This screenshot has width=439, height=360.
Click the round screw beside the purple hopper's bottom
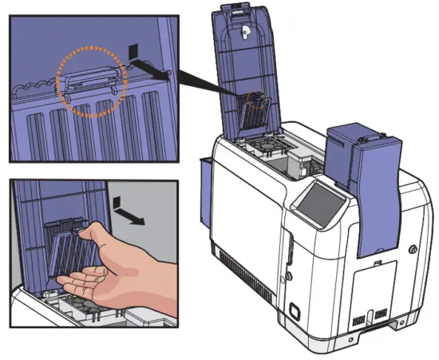(x=413, y=248)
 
